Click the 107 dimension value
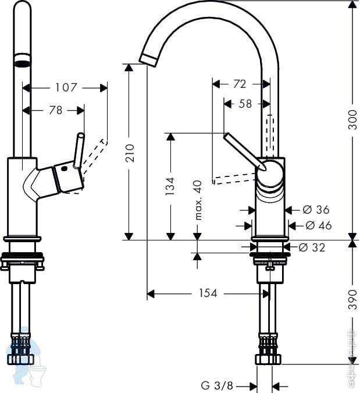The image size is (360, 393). [x=66, y=87]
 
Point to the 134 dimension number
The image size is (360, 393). [x=170, y=186]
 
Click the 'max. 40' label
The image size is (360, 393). [x=197, y=200]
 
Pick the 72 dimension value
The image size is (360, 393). [x=239, y=84]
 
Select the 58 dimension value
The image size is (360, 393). [x=245, y=104]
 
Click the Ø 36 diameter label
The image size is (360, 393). [x=316, y=210]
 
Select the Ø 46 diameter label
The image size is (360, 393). [x=318, y=225]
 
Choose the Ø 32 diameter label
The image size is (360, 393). [x=312, y=247]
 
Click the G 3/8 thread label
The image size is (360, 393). [x=216, y=385]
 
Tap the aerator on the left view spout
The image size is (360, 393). [x=22, y=62]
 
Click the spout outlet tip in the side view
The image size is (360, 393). [x=148, y=58]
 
